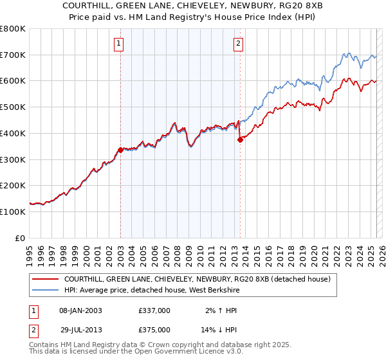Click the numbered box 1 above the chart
[120, 44]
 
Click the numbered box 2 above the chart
[238, 44]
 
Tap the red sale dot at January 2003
[120, 150]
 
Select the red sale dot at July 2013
[240, 139]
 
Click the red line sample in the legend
[45, 279]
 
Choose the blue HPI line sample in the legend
[45, 290]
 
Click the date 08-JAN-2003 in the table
[80, 310]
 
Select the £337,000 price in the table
[154, 310]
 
